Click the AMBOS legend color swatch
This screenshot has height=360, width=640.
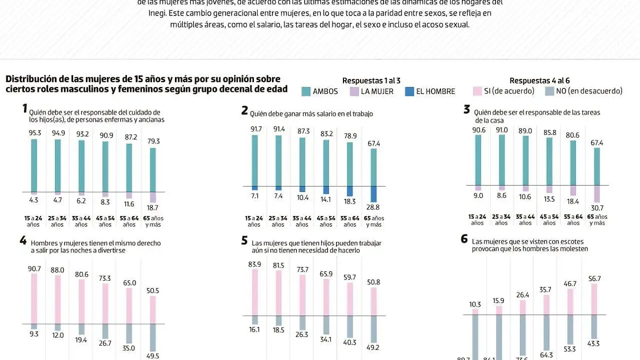[x=306, y=91]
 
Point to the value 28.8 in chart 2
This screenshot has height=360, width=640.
[x=374, y=207]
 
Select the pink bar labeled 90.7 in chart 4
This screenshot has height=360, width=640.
[x=34, y=299]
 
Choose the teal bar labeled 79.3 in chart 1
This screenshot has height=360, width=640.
[x=154, y=170]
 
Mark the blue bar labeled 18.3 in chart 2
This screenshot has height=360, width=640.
[x=350, y=191]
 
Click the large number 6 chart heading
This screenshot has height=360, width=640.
[x=464, y=239]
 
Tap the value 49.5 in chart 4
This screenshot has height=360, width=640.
[x=154, y=356]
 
